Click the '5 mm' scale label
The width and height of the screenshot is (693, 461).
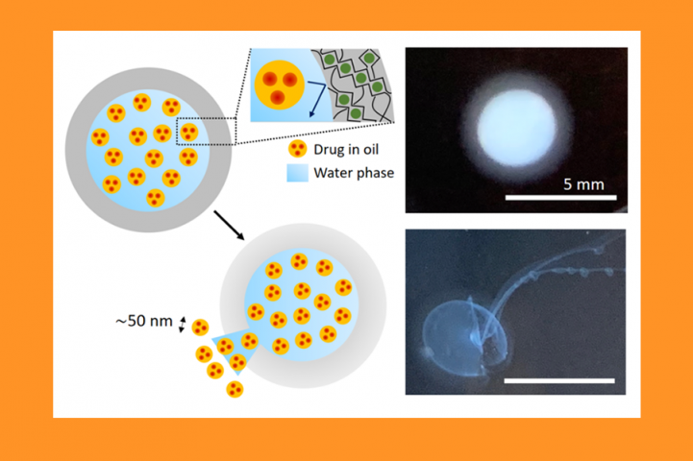tap(583, 184)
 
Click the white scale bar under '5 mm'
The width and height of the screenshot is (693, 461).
tap(561, 198)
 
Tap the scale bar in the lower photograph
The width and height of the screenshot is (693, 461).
tap(559, 380)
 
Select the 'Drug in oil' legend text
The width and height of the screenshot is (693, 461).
tap(346, 150)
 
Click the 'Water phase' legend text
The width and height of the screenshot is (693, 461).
tap(354, 173)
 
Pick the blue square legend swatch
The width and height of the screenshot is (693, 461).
tap(297, 173)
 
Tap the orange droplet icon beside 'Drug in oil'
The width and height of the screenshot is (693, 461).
tap(297, 149)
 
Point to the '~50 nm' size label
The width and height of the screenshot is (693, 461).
tap(143, 321)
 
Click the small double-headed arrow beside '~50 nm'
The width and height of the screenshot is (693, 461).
tap(182, 324)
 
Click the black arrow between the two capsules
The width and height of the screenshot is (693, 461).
tap(229, 225)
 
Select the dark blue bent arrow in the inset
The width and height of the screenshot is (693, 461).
tap(316, 97)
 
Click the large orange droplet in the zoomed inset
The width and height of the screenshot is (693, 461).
tap(280, 85)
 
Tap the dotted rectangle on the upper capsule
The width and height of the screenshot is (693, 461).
tap(207, 132)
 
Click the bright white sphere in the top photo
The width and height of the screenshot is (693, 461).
tap(517, 128)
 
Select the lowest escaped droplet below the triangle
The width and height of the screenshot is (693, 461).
tap(235, 390)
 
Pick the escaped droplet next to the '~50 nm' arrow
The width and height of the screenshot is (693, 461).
tap(200, 328)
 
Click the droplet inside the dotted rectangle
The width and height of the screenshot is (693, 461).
tap(189, 132)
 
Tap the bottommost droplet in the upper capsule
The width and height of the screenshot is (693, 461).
tap(156, 198)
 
